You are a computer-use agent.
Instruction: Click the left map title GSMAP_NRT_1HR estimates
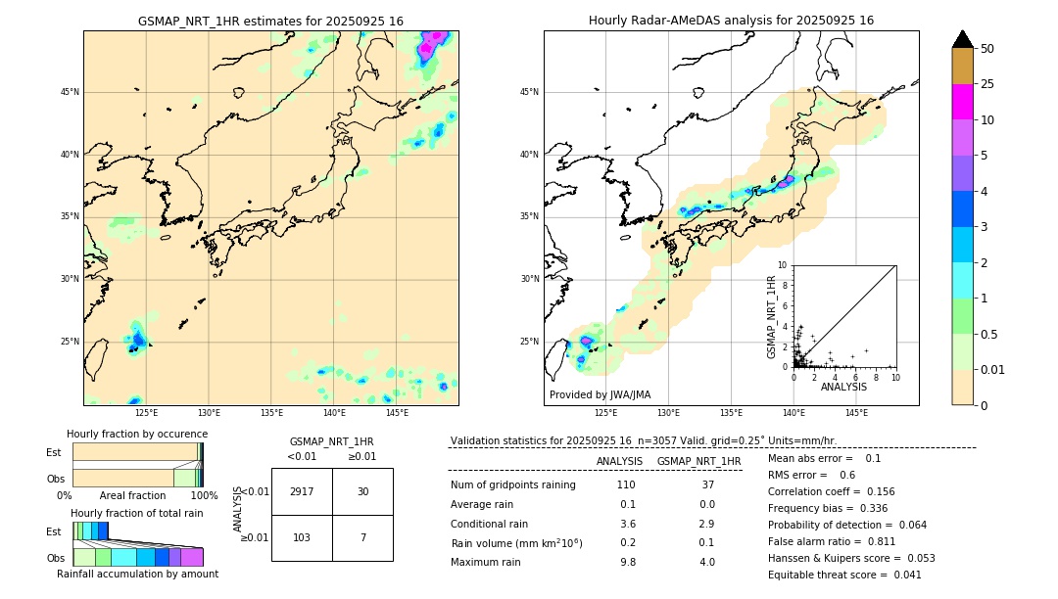270,21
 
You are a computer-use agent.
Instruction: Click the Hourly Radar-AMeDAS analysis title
731,21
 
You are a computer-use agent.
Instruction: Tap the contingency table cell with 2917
302,491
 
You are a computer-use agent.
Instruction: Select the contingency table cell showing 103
302,538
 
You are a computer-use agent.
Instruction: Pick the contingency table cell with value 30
362,491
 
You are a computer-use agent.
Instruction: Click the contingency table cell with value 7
362,538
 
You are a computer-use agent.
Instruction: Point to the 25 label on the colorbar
987,84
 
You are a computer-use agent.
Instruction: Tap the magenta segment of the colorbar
962,102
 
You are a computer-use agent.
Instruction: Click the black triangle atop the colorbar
962,39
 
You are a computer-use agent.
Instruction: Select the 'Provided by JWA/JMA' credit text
600,395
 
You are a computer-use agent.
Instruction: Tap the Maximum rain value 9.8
627,562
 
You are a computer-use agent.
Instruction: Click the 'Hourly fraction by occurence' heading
137,434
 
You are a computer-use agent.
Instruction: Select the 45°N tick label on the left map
70,93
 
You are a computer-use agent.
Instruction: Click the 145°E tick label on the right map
856,413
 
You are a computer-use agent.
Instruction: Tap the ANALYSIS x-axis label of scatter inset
843,387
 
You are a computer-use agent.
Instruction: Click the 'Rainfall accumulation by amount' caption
137,575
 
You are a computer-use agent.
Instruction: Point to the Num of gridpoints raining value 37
707,485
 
